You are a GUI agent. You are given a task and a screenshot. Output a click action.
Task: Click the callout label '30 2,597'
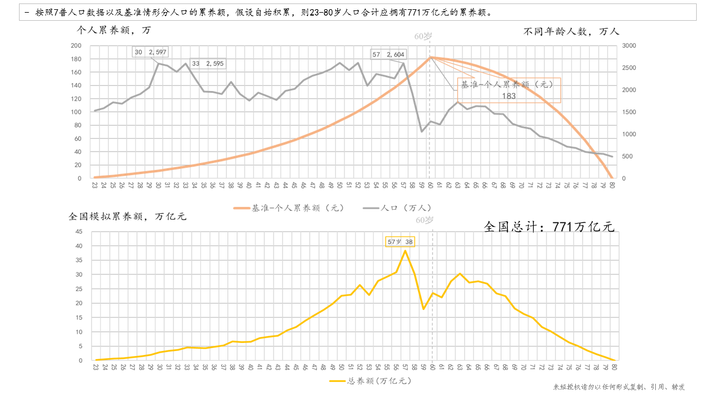pos(150,52)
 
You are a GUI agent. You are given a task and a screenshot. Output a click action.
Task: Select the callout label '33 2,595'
pos(208,63)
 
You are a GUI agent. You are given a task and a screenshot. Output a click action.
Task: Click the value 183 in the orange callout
pos(508,96)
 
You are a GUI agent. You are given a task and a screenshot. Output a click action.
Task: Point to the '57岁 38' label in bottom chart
pos(400,241)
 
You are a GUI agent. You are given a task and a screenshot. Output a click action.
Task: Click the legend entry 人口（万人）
pos(398,207)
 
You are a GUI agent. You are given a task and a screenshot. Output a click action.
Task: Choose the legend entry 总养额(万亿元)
pos(371,381)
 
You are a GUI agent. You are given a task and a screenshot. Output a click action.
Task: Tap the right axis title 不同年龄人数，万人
pos(571,31)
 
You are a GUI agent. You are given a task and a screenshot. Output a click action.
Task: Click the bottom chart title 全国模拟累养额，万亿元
pos(127,217)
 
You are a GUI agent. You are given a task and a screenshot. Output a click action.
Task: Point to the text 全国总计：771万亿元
pos(549,226)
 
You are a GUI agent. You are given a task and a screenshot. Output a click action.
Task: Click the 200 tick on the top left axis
pos(76,46)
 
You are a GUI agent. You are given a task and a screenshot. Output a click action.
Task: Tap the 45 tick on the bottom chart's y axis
pos(79,232)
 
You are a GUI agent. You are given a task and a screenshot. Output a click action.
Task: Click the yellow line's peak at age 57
pos(405,251)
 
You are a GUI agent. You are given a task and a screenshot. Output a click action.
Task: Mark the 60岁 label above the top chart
pos(423,36)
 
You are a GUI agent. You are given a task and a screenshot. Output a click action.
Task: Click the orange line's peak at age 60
pos(430,57)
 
